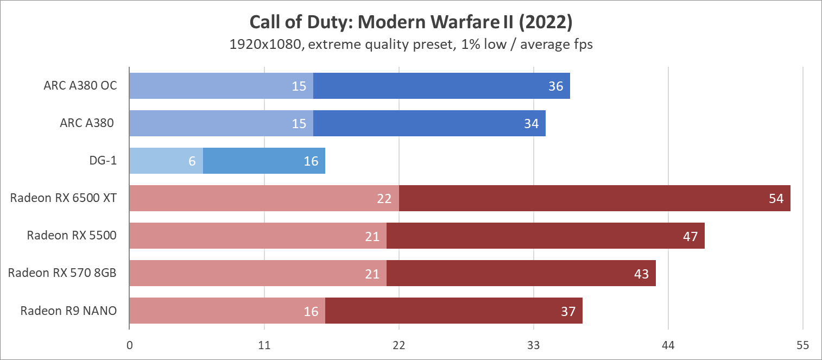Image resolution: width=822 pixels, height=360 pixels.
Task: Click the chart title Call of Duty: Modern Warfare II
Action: point(410,22)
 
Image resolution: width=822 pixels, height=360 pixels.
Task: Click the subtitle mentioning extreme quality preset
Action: point(410,45)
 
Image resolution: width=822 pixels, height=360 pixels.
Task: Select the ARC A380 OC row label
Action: point(80,86)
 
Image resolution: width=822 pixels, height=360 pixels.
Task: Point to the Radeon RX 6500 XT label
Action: point(63,198)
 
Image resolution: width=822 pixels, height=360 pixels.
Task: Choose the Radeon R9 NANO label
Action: point(68,311)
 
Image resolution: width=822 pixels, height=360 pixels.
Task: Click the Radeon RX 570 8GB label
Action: point(62,273)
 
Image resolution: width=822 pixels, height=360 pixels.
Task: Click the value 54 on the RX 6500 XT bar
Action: point(776,199)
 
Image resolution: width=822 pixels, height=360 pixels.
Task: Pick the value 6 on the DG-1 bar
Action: point(192,161)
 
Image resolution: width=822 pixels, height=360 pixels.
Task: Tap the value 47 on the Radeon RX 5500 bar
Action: point(690,236)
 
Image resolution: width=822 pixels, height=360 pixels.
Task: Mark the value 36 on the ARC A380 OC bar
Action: point(555,86)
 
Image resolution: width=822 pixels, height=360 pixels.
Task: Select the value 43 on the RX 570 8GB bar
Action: point(641,274)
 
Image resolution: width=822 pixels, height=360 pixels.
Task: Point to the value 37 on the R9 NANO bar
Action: point(568,311)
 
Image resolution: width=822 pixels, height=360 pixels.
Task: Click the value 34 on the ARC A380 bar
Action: point(531,124)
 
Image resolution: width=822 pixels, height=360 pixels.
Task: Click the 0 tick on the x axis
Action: point(129,345)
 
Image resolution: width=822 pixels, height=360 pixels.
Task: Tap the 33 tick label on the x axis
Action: point(534,345)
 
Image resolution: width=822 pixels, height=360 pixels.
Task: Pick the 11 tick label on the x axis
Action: point(264,345)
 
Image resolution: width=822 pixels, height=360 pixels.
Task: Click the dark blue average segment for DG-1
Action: point(264,161)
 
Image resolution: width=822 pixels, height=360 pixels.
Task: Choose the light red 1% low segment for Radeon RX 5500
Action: point(258,236)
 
